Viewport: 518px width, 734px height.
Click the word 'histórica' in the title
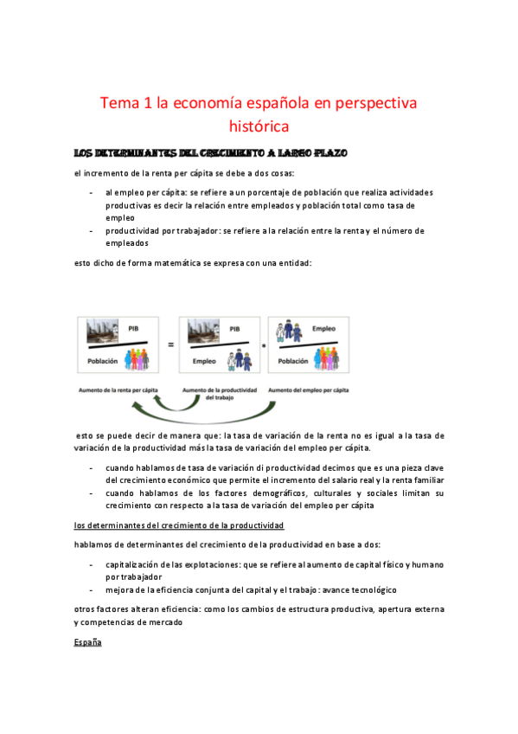259,127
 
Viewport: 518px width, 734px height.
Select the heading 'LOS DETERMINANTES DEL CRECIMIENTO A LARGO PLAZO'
211,153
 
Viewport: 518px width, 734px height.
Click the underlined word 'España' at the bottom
89,642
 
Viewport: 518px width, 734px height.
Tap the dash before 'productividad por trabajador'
92,231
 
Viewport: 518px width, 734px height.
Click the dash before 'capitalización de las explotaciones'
92,564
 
